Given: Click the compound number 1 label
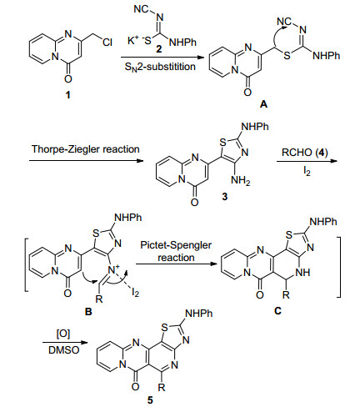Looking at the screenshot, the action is click(x=67, y=95).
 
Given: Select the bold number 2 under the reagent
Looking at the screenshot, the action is click(x=158, y=49).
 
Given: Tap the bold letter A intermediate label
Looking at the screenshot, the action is click(x=263, y=104).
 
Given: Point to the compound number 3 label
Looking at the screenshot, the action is click(x=224, y=197).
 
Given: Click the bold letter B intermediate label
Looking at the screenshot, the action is click(x=88, y=312).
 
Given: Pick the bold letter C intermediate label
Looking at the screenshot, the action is click(x=277, y=310).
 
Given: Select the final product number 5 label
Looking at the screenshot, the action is click(x=150, y=400).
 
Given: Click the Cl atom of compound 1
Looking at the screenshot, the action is click(x=107, y=43).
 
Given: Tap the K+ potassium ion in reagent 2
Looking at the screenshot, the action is click(x=133, y=41).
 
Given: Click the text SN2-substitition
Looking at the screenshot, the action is click(x=160, y=67).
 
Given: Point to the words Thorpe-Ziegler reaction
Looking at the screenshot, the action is click(x=86, y=149).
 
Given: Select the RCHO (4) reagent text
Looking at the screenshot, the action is click(x=305, y=153).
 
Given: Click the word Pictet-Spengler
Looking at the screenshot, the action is click(x=176, y=245).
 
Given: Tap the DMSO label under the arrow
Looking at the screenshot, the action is click(x=64, y=350).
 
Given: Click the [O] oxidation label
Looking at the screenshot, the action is click(x=63, y=334).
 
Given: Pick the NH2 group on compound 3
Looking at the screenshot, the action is click(x=241, y=181).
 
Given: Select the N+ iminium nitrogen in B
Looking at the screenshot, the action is click(x=113, y=269).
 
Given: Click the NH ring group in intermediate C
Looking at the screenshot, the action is click(x=302, y=272).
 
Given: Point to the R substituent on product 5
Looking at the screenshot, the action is click(x=162, y=388).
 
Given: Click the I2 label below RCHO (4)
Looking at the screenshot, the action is click(x=307, y=172).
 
